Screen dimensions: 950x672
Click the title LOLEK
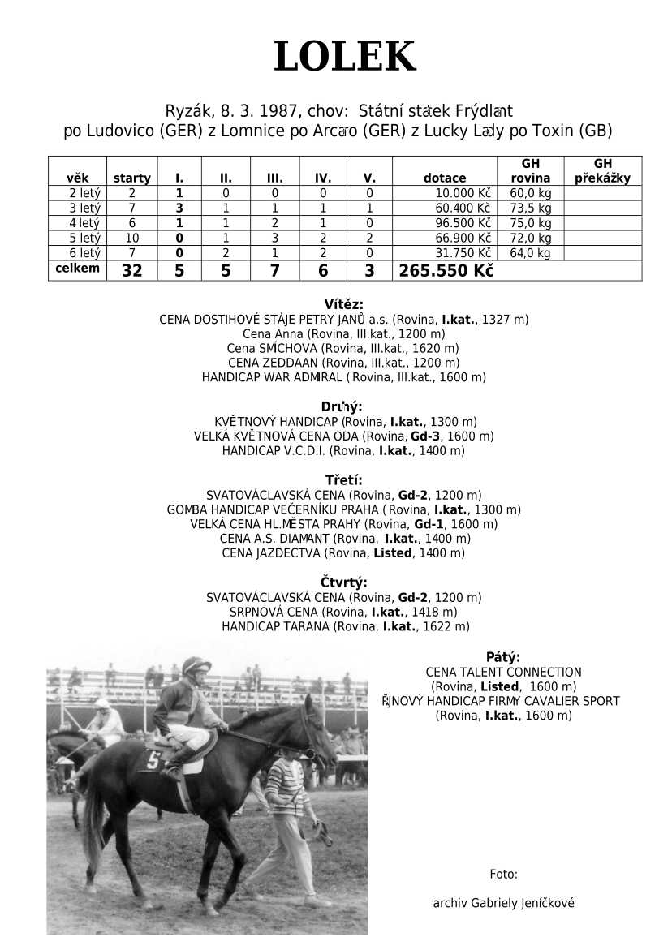(x=344, y=57)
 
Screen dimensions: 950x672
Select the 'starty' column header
(x=131, y=178)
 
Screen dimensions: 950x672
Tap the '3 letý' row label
(x=84, y=208)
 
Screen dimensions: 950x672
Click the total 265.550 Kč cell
(x=446, y=271)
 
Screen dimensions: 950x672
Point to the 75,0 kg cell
(x=530, y=223)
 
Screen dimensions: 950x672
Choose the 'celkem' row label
(x=77, y=268)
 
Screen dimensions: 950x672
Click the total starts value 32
(x=131, y=271)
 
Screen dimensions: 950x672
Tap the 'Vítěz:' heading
(x=343, y=305)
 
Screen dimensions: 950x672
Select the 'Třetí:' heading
(x=343, y=480)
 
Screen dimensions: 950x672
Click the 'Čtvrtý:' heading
(x=343, y=582)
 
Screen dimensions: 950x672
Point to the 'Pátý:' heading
(x=503, y=657)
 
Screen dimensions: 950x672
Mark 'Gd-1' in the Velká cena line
(x=429, y=524)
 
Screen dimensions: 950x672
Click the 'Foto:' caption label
(x=503, y=874)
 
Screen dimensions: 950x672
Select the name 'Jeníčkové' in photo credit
(x=545, y=903)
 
